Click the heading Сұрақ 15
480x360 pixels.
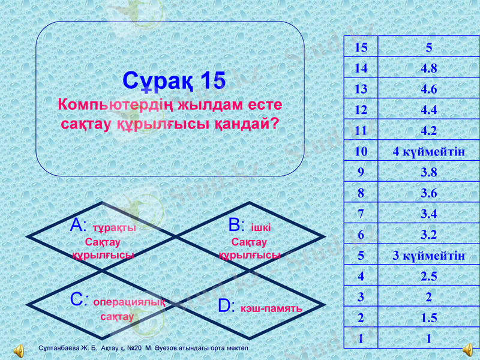click(x=174, y=80)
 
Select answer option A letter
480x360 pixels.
click(x=79, y=226)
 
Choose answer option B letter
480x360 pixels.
click(x=236, y=226)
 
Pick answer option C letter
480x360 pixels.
click(x=80, y=300)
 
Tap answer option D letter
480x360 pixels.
click(x=226, y=307)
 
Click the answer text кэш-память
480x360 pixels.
click(x=271, y=308)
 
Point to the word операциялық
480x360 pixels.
click(x=129, y=302)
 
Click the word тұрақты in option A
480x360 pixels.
click(x=115, y=228)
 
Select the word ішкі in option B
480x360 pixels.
click(x=260, y=228)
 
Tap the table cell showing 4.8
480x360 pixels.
click(x=428, y=69)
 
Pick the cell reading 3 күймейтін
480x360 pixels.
click(x=428, y=256)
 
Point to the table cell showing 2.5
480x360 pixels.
click(x=428, y=277)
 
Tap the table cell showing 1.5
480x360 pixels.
click(x=428, y=318)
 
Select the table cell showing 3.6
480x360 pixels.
click(x=428, y=193)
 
